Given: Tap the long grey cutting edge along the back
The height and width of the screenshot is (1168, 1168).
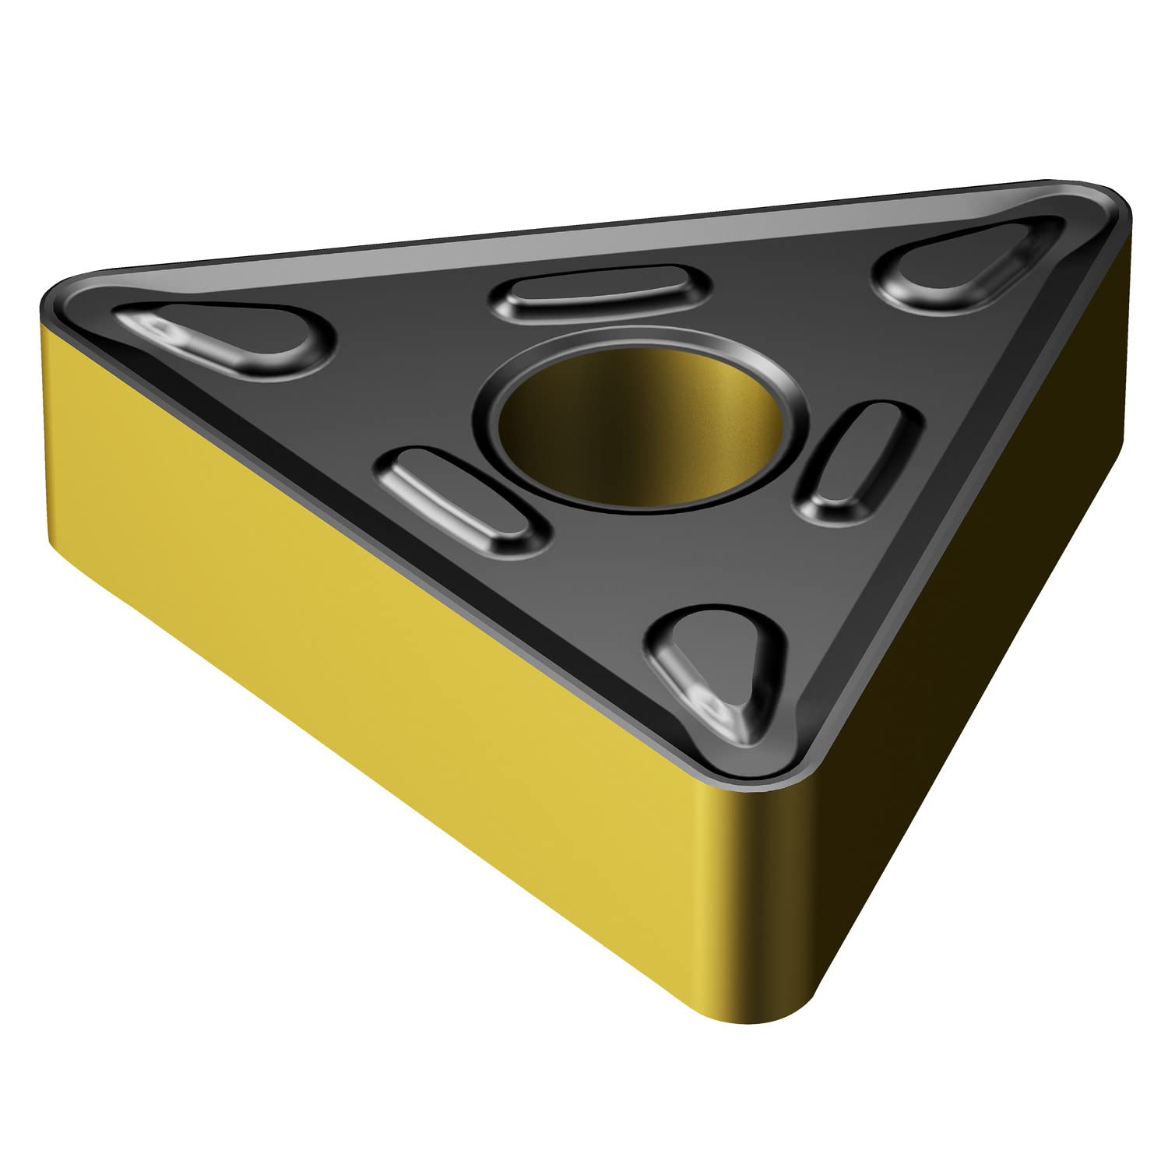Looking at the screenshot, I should tap(584, 226).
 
